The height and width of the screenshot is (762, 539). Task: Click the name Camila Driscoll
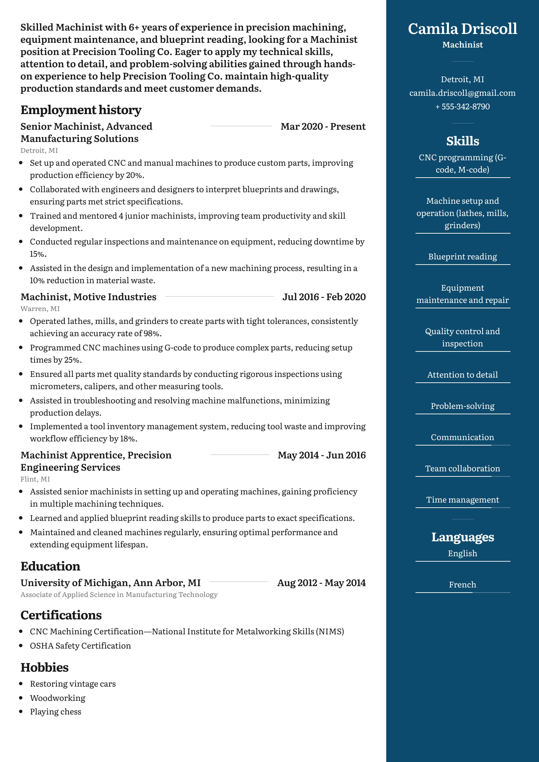(462, 29)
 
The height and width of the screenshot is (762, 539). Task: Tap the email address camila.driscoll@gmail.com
(462, 93)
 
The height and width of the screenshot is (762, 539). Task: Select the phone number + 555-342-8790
(462, 107)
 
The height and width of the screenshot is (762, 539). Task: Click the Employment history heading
(81, 110)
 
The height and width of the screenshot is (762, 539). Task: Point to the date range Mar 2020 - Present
(323, 127)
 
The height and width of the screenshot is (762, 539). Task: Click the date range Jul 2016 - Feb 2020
(324, 297)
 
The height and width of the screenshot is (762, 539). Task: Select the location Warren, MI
(40, 309)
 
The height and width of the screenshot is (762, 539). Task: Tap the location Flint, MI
(35, 479)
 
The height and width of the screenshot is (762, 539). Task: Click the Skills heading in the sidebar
(462, 141)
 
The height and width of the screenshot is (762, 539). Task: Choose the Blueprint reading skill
(462, 257)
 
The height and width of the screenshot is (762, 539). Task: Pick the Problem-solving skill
(462, 406)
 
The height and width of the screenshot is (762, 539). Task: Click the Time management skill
(462, 500)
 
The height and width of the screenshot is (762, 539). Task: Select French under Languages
(462, 585)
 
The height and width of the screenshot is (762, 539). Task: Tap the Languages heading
(462, 537)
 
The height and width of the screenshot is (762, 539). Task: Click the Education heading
(50, 566)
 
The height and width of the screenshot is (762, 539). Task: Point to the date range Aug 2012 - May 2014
(321, 583)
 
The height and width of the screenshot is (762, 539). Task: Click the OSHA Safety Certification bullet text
(80, 646)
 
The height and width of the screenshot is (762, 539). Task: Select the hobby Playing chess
(55, 712)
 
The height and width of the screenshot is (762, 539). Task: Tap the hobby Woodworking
(57, 698)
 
